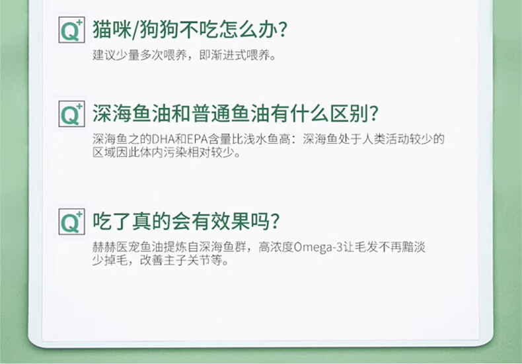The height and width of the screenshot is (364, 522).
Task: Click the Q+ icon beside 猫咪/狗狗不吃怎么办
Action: click(71, 30)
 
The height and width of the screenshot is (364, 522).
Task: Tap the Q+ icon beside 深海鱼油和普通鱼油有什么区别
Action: click(71, 114)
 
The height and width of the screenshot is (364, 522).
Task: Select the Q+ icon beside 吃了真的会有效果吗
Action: click(71, 222)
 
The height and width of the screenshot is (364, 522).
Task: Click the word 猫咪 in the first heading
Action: click(112, 30)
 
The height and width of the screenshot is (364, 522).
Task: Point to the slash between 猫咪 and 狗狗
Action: click(136, 30)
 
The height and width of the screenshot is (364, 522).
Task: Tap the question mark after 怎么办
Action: click(282, 30)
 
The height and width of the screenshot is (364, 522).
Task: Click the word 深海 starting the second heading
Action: click(112, 114)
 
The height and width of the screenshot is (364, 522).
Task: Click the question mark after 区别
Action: click(374, 114)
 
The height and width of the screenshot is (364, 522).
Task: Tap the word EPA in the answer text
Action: click(198, 139)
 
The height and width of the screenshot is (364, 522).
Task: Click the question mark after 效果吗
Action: click(275, 222)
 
